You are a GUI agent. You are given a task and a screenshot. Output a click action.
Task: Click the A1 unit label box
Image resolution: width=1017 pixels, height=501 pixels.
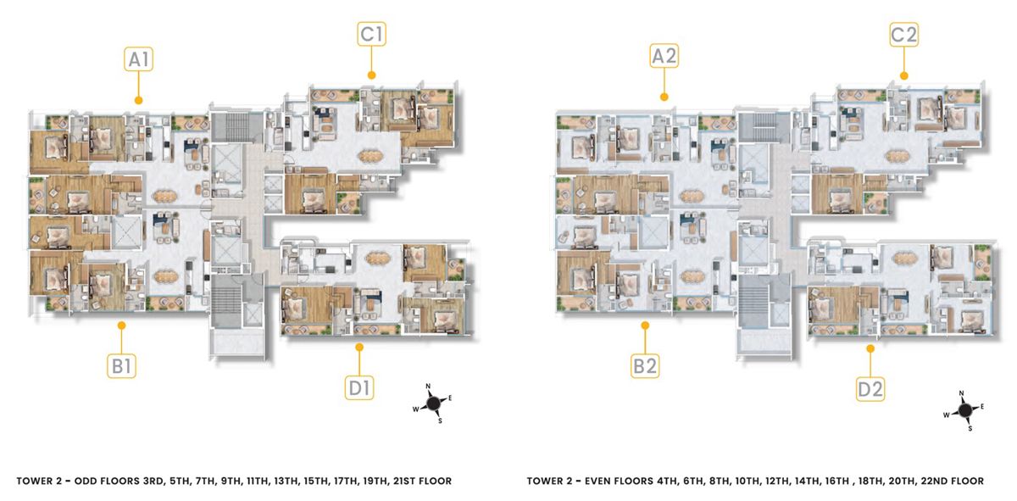(138, 59)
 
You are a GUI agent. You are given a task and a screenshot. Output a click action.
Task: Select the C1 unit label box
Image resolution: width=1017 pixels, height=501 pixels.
(371, 34)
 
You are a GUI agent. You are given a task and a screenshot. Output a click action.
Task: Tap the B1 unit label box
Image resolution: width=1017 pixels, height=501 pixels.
(122, 365)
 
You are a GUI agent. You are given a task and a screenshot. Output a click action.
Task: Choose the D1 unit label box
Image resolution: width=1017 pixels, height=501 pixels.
(359, 387)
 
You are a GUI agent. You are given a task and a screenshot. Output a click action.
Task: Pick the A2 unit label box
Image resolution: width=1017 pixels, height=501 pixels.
(664, 56)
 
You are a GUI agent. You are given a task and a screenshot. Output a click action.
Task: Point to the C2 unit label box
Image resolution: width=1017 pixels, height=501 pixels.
(903, 35)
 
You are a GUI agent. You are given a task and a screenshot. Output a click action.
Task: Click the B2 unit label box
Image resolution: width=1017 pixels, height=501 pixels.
(645, 365)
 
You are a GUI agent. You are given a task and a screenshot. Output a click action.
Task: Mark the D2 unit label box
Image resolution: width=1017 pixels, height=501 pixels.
(870, 389)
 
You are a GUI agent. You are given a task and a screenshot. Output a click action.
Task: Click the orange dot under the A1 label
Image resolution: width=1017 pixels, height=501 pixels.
(138, 100)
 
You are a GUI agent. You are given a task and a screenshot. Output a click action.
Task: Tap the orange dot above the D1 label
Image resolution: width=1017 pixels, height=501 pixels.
(359, 348)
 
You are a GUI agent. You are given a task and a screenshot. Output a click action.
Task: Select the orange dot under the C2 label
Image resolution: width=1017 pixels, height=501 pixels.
(903, 75)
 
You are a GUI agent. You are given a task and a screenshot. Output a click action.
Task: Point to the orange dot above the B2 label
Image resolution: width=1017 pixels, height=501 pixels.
(645, 326)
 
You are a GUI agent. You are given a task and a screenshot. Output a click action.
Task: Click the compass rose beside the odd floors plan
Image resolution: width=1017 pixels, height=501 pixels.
(433, 403)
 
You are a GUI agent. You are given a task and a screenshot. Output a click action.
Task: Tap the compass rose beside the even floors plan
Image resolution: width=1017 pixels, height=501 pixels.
(964, 410)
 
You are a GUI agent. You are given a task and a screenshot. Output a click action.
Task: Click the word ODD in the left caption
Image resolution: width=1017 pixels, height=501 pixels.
(85, 481)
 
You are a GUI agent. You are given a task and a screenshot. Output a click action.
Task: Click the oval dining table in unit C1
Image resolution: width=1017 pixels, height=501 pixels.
(371, 156)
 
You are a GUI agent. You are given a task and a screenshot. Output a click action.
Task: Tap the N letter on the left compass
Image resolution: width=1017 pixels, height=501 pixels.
(428, 387)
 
